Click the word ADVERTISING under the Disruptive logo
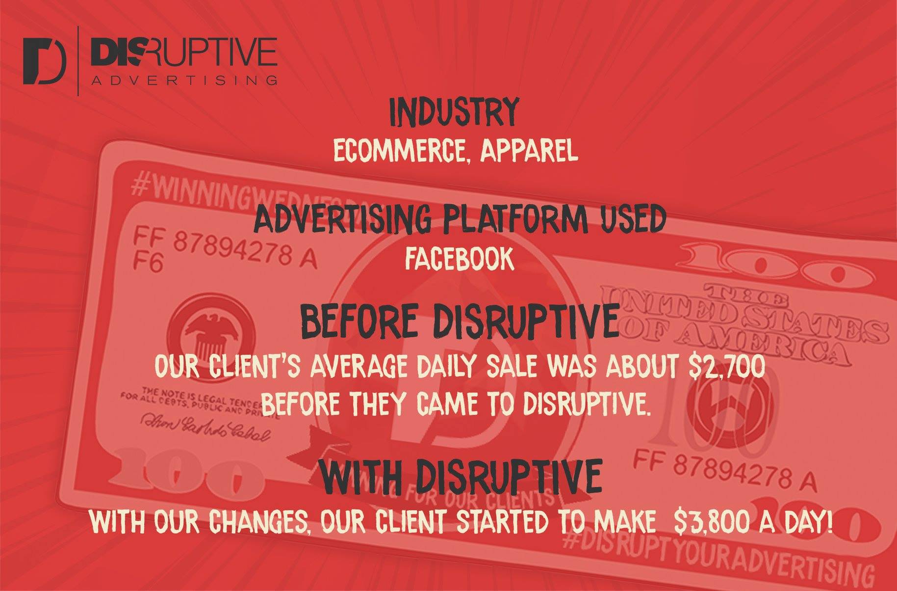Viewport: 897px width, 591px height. (x=184, y=80)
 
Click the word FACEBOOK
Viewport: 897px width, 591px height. (x=459, y=259)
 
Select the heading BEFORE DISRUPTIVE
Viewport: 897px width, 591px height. (x=459, y=320)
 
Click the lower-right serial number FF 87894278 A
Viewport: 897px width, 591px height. (x=726, y=470)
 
